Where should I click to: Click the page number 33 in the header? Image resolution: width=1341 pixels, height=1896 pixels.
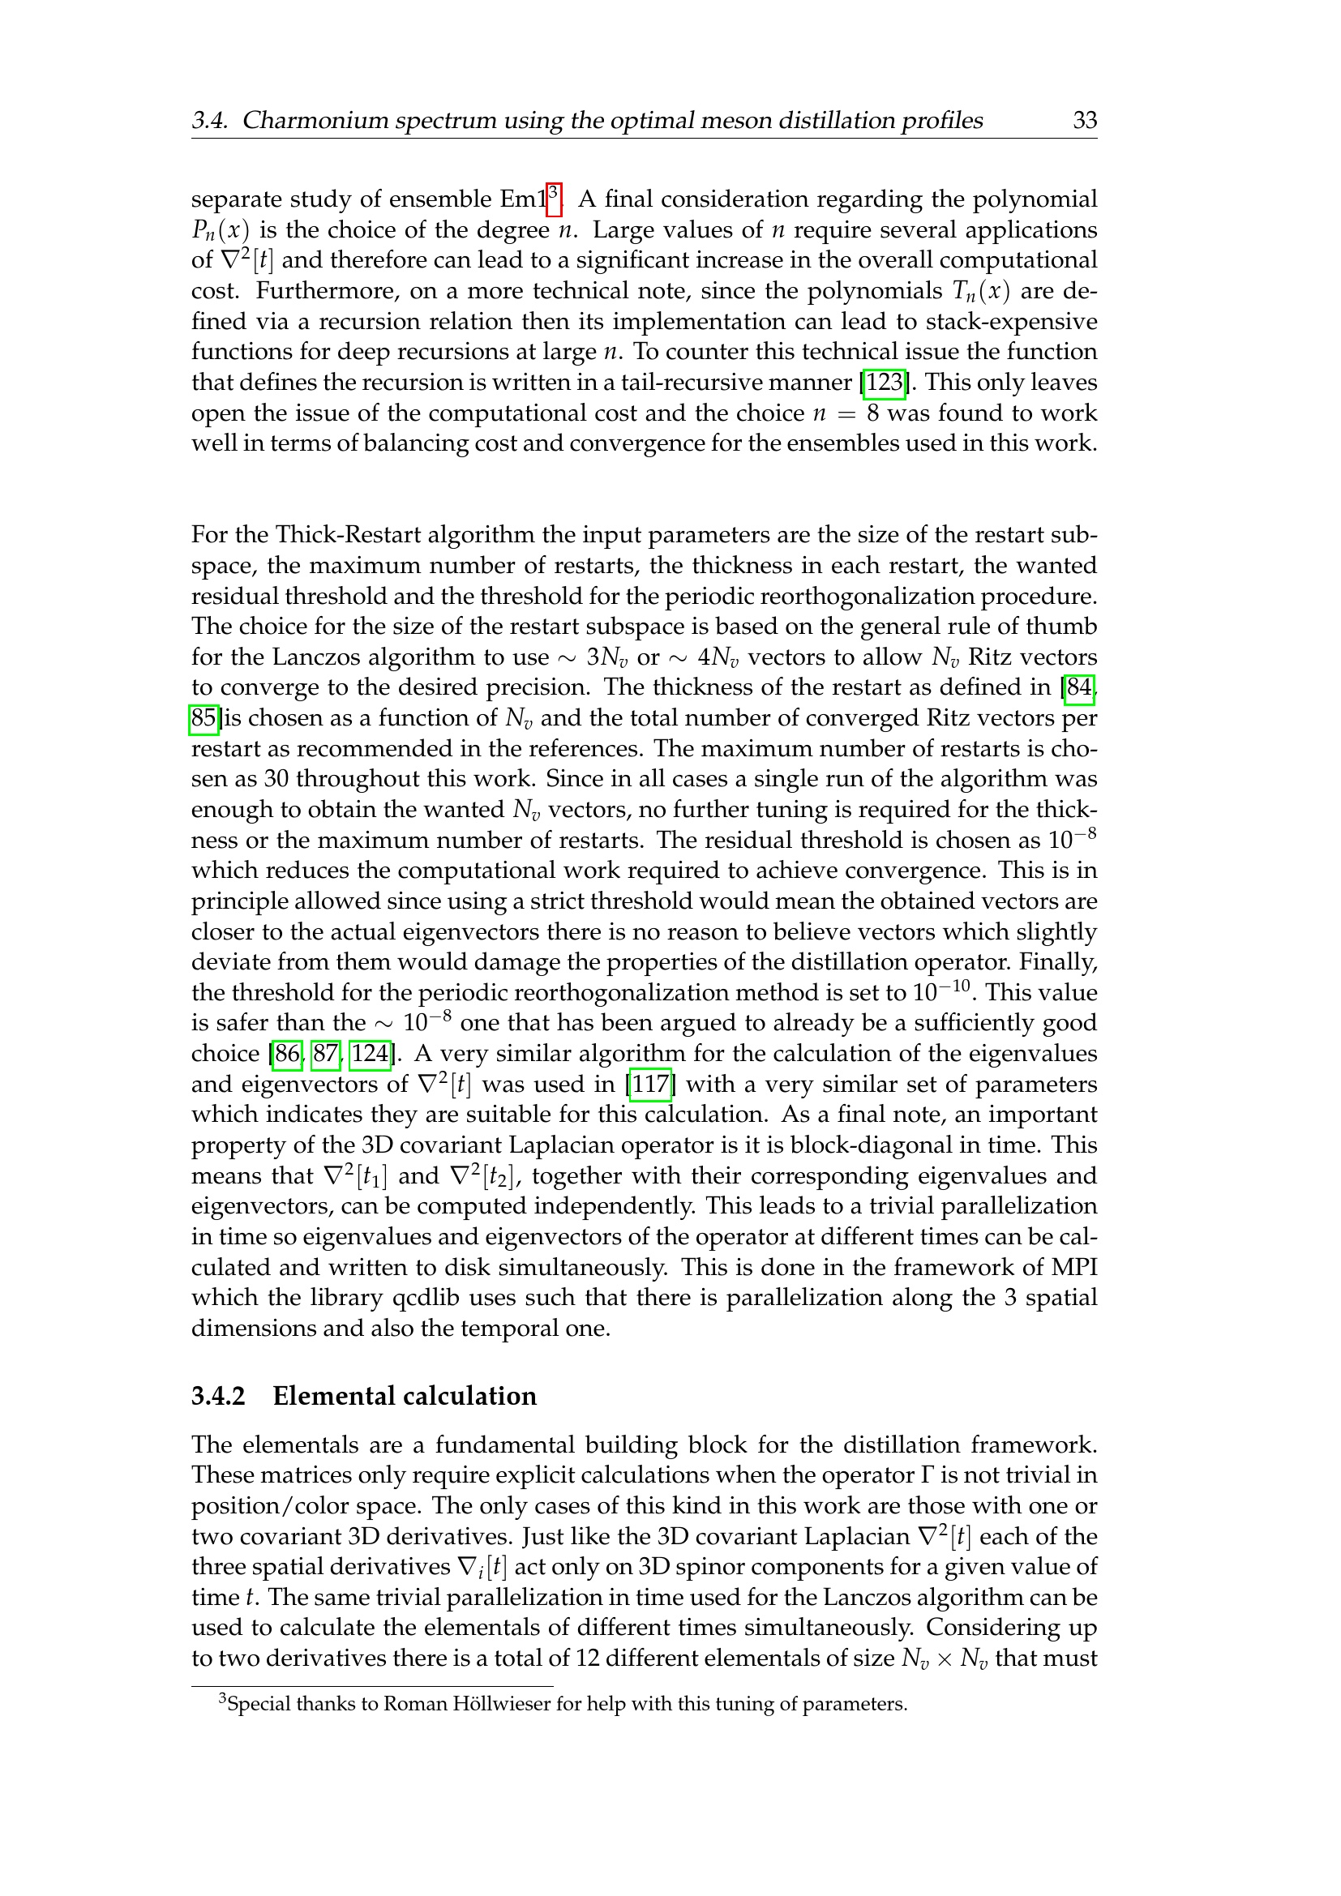click(1084, 121)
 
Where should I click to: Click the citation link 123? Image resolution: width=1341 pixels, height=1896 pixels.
click(885, 383)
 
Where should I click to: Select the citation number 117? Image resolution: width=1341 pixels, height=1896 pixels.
click(650, 1085)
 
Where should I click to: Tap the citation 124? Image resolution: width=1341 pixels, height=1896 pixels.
click(370, 1054)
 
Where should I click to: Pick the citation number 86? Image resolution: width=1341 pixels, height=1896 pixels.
click(286, 1054)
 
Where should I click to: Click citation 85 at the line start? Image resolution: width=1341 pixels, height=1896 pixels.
click(204, 718)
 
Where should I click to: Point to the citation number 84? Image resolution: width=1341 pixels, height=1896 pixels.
click(1078, 688)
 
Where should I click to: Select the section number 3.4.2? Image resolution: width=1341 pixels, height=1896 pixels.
click(219, 1397)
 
